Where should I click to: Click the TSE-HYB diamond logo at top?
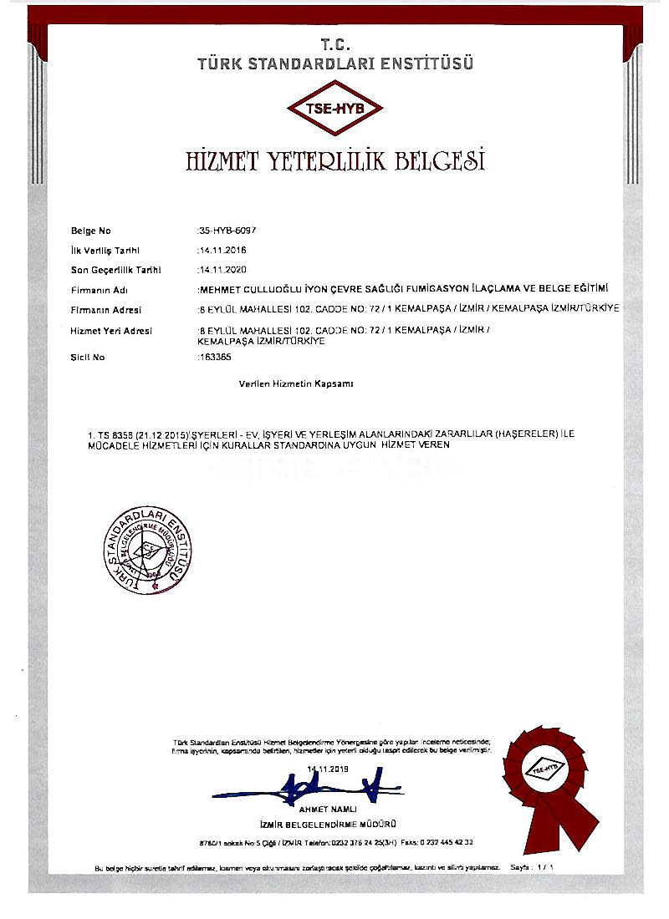334,108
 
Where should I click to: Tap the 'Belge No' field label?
91,231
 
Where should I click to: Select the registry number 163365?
212,357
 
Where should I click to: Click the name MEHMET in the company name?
217,290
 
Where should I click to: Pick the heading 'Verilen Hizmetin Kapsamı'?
297,383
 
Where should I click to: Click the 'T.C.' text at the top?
334,43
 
